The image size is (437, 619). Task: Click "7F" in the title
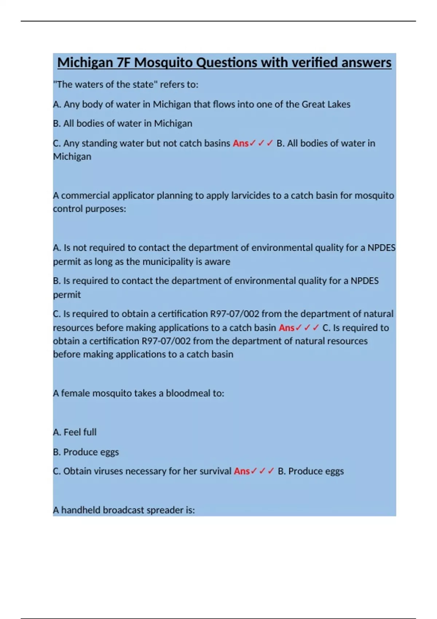(124, 63)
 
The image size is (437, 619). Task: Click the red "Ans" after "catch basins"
(240, 143)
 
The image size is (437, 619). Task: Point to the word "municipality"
(168, 262)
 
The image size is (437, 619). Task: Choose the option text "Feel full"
(80, 432)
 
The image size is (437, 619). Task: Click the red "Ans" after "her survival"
(241, 471)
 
